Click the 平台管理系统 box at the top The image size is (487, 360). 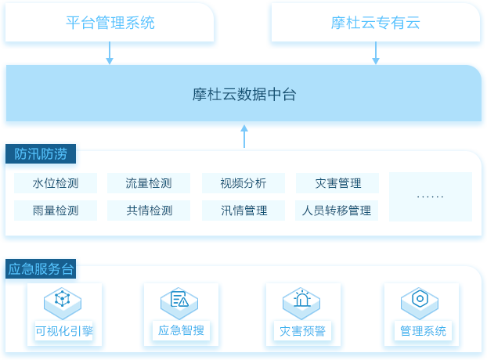click(x=110, y=23)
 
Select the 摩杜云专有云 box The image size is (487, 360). click(x=376, y=23)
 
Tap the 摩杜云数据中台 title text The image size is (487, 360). click(x=244, y=95)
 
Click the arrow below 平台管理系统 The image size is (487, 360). click(x=110, y=53)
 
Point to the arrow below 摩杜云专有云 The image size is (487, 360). click(x=376, y=53)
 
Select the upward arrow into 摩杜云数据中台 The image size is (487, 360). click(x=244, y=136)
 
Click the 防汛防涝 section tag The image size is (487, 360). click(x=41, y=153)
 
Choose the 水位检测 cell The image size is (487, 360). click(x=56, y=183)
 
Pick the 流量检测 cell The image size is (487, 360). click(x=149, y=183)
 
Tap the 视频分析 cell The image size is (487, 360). click(x=243, y=183)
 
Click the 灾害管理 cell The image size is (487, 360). click(x=337, y=183)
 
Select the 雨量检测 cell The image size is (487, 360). click(x=56, y=211)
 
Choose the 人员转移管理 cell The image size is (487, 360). click(x=337, y=211)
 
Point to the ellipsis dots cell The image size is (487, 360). click(x=431, y=196)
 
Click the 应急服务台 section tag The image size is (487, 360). click(x=41, y=268)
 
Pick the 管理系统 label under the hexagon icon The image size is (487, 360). click(x=423, y=331)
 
